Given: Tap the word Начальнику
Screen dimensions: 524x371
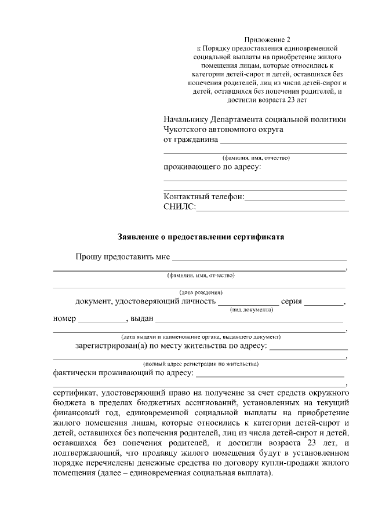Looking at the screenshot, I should [186, 119].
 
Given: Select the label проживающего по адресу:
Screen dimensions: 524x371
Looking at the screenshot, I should [212, 167].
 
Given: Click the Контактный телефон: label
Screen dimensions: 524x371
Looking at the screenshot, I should [204, 197].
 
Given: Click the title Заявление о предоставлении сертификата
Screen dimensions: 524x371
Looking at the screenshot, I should [201, 236].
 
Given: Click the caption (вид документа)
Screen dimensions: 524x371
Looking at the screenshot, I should [252, 310].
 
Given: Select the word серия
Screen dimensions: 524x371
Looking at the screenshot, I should [292, 301].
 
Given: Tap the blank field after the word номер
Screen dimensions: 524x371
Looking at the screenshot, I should [101, 321].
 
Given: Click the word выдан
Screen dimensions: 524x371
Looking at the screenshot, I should [142, 318].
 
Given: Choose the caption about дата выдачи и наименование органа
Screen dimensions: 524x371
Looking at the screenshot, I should [201, 336].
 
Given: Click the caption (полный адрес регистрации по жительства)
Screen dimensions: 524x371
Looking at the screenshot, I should [201, 364].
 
